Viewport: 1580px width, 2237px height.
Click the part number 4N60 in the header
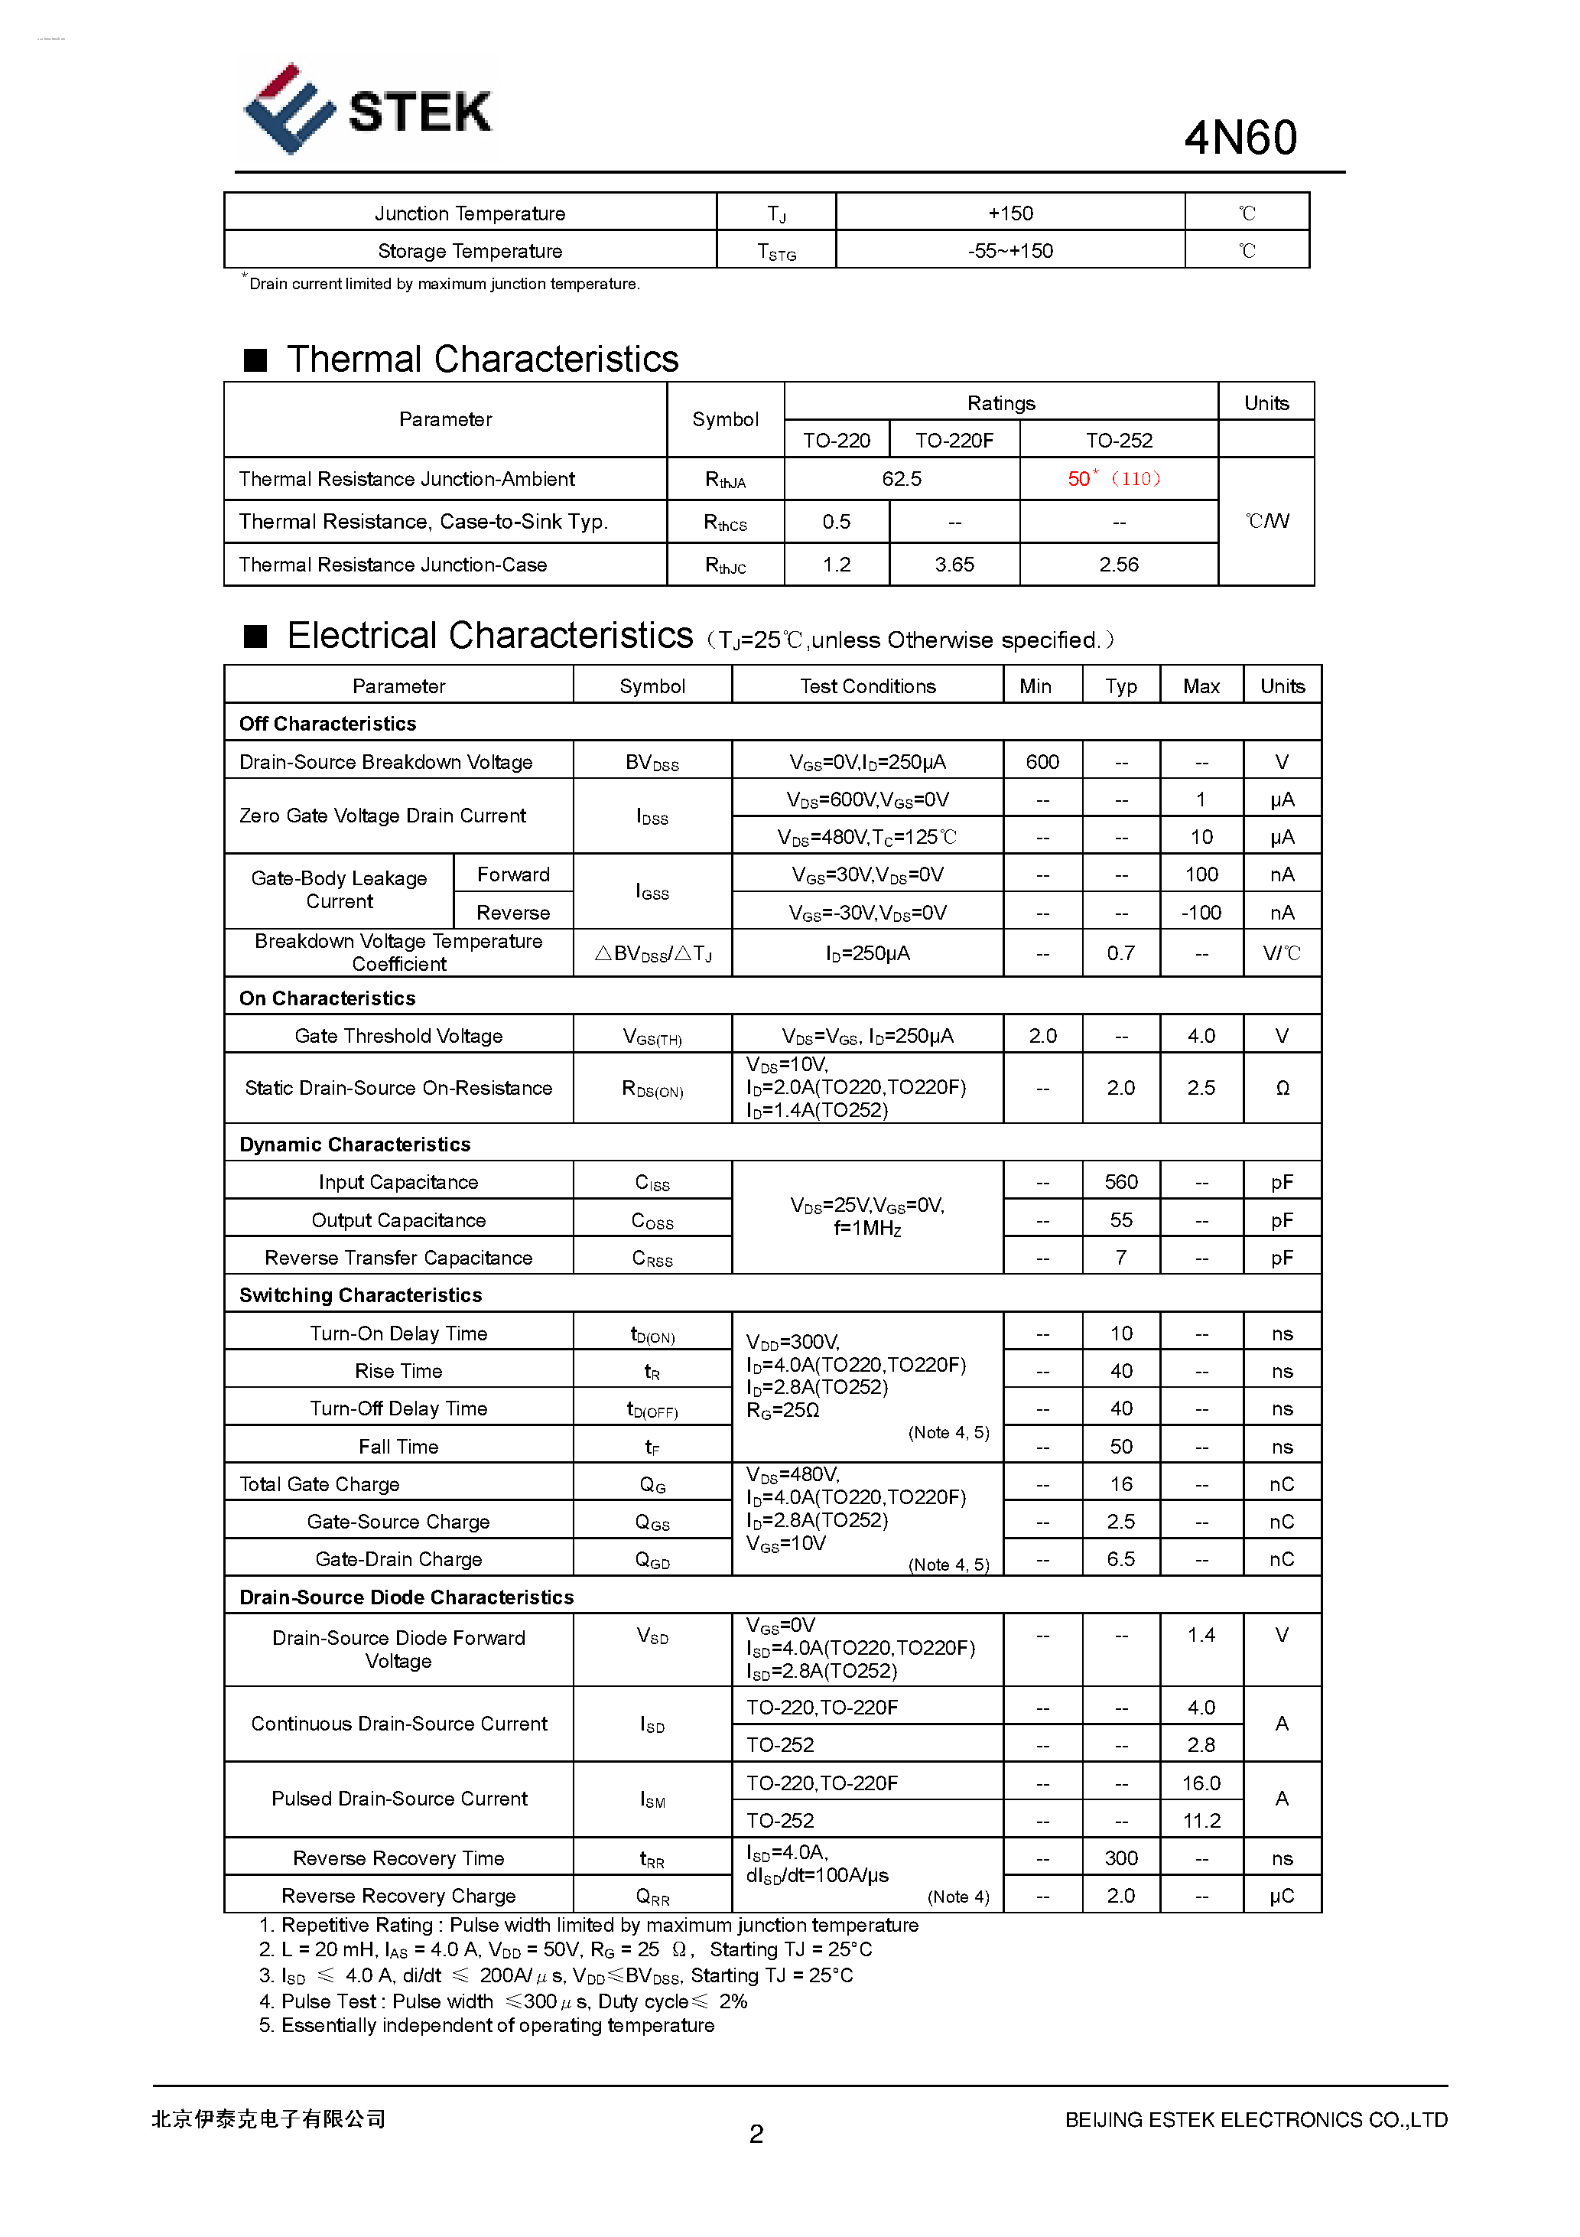1239,138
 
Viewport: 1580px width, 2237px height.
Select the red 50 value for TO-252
1078,478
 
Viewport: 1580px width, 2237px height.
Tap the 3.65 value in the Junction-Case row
954,564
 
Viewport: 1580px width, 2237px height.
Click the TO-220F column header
954,441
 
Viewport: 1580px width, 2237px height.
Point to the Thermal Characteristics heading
481,360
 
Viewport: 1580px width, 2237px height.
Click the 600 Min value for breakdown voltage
1042,762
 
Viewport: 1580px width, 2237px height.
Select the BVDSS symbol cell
652,763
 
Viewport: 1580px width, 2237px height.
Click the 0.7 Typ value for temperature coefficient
1120,953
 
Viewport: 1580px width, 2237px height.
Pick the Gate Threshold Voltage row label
398,1036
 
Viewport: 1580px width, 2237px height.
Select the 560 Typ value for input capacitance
1120,1182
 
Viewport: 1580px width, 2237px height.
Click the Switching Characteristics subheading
360,1295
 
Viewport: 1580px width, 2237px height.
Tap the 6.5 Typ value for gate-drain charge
1120,1559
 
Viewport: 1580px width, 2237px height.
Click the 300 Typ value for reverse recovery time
1120,1858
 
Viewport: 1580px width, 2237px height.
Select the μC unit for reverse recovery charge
1281,1896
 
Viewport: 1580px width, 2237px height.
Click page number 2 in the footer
756,2134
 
